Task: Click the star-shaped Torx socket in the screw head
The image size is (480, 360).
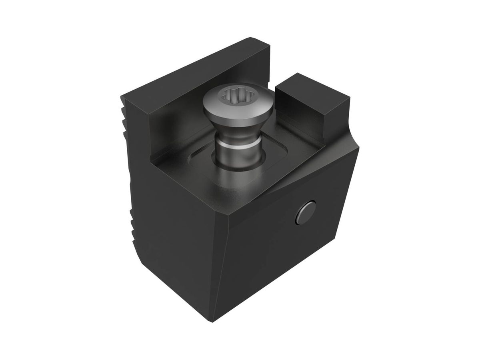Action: pyautogui.click(x=228, y=96)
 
